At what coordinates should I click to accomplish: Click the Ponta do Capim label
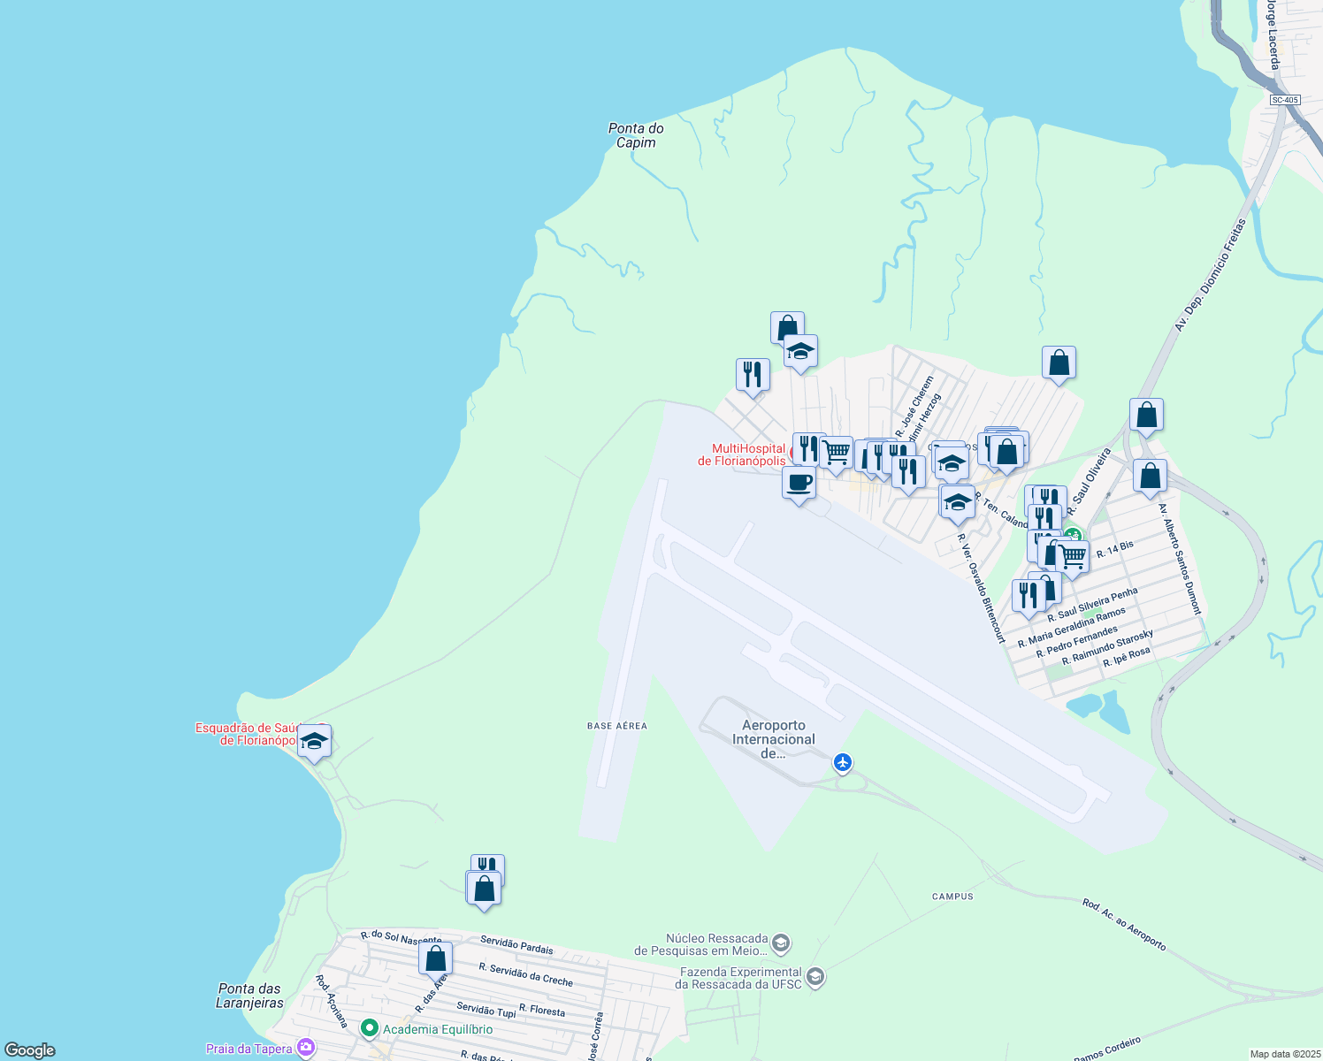click(x=636, y=135)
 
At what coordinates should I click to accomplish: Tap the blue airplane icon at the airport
click(x=843, y=761)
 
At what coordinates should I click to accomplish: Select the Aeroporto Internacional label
click(x=773, y=739)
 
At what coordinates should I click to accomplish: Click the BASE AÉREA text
click(x=617, y=726)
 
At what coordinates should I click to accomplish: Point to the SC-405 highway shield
click(x=1284, y=100)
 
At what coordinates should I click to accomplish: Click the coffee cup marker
click(x=799, y=484)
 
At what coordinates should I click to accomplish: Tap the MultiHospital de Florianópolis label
click(x=741, y=454)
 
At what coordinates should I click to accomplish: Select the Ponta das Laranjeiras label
click(x=249, y=996)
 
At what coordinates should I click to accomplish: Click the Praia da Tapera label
click(x=249, y=1049)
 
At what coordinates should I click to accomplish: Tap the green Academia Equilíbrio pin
click(x=370, y=1028)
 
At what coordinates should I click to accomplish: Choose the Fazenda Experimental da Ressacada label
click(x=738, y=978)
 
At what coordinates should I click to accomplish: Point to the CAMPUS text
click(x=952, y=897)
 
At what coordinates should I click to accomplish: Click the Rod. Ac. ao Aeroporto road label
click(x=1124, y=925)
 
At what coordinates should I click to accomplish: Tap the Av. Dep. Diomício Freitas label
click(x=1210, y=275)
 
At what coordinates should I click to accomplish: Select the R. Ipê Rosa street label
click(x=1127, y=656)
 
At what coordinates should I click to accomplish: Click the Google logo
click(x=30, y=1050)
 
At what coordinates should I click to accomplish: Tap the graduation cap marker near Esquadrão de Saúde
click(x=314, y=742)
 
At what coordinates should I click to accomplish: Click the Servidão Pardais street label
click(x=516, y=944)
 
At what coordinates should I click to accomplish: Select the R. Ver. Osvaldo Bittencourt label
click(x=982, y=587)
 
